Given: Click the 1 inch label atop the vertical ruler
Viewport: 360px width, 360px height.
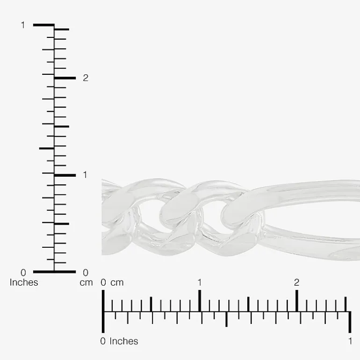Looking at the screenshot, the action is coord(23,25).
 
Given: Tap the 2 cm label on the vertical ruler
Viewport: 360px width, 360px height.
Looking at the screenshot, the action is coord(86,78).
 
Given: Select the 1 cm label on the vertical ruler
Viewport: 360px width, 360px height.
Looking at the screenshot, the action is coord(85,175).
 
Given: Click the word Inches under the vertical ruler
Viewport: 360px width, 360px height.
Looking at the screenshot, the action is coord(24,282).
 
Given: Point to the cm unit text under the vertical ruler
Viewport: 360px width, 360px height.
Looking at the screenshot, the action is coord(86,283).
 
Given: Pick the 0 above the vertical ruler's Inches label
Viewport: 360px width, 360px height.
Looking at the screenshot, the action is coord(23,273).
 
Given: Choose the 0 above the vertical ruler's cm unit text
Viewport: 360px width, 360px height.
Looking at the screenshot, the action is coord(86,273).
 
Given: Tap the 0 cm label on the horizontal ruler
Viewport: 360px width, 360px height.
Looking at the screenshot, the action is coord(103,282).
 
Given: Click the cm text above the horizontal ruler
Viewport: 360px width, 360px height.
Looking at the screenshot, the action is coord(117,283).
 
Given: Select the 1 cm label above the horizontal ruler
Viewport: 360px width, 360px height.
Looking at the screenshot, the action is coord(200,282).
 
